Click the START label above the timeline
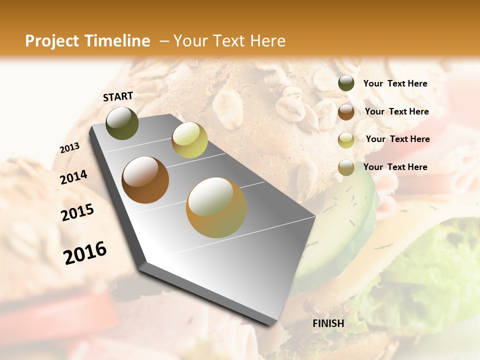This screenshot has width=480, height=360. [118, 96]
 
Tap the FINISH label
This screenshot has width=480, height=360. [328, 323]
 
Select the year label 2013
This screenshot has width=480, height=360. [69, 148]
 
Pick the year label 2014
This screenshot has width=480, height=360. [73, 177]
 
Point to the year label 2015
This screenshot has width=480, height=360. [77, 212]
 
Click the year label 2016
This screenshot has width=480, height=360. [85, 253]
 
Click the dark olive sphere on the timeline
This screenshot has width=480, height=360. [122, 123]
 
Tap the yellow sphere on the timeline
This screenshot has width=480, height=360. [189, 140]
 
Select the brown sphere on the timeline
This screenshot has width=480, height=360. [145, 180]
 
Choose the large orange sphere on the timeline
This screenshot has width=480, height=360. [216, 207]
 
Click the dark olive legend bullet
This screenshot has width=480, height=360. [346, 83]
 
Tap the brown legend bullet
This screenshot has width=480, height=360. [346, 111]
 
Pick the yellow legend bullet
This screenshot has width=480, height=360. [346, 139]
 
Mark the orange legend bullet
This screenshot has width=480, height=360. [346, 167]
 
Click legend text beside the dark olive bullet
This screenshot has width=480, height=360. [395, 83]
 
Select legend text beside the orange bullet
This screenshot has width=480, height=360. [395, 167]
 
